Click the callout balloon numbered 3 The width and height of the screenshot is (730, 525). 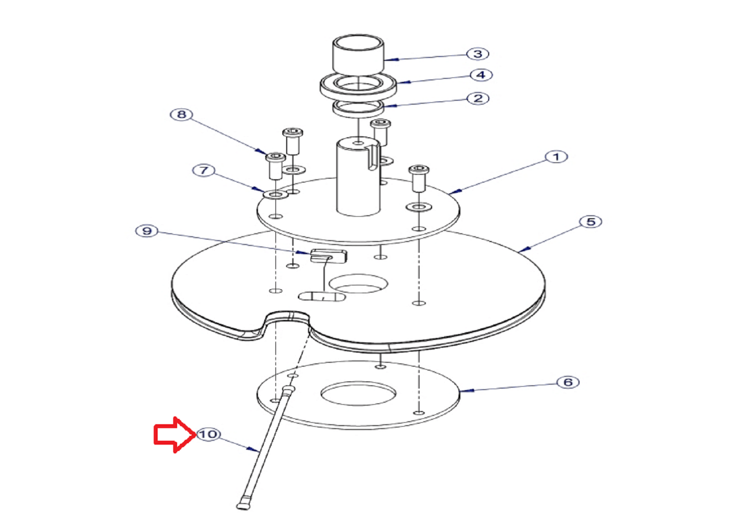[477, 54]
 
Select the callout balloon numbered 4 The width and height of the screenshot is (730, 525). [481, 75]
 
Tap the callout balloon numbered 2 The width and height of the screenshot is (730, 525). [478, 98]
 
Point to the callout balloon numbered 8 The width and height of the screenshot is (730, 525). [182, 114]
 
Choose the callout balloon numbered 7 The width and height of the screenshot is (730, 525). [204, 170]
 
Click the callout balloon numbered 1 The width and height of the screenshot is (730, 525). [556, 157]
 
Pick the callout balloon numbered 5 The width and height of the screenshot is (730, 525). [590, 222]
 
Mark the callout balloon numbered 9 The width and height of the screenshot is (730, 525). [147, 231]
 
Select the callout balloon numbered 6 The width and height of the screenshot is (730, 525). [568, 382]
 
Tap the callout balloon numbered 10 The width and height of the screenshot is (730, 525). [209, 434]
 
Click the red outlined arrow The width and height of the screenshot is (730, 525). [175, 435]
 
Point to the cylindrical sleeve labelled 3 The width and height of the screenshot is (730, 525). [358, 54]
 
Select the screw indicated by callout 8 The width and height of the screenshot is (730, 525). [276, 166]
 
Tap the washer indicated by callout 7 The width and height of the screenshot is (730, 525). [275, 195]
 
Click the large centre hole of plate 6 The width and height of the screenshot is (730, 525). [358, 394]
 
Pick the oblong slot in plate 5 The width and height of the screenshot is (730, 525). [322, 297]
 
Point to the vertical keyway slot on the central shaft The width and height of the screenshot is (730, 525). [373, 157]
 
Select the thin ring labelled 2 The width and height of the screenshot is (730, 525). [358, 109]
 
